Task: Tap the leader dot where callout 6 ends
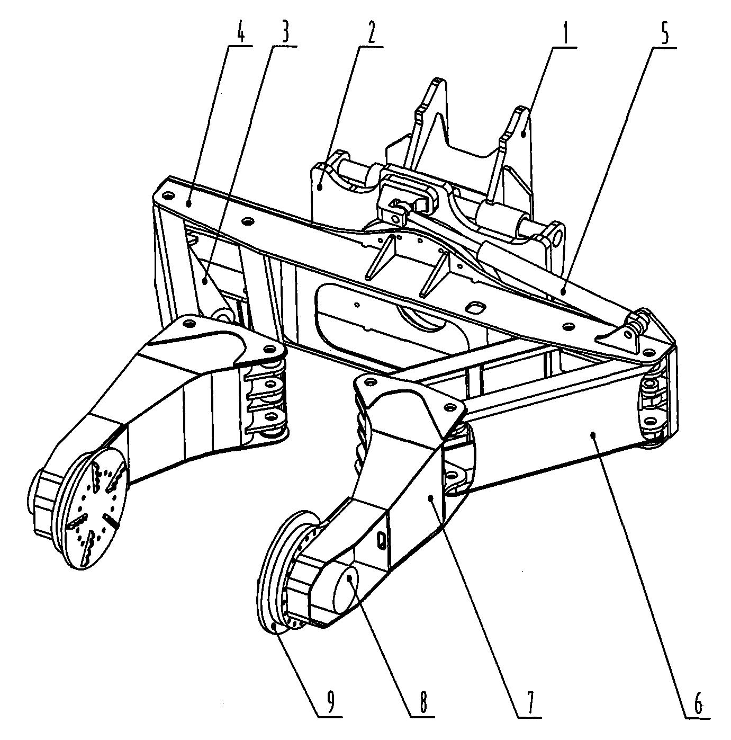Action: (x=594, y=434)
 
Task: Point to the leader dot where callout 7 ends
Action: (x=431, y=498)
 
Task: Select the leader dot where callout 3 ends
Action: (x=206, y=281)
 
